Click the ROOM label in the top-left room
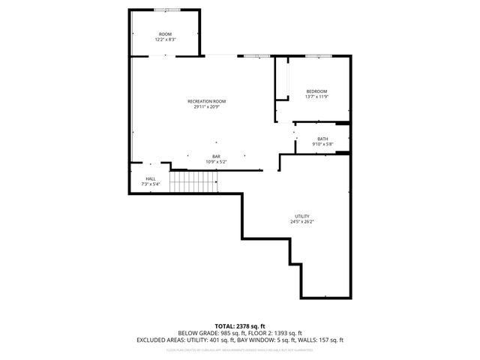tap(165, 34)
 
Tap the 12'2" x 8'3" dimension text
tap(165, 40)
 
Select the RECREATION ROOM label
tap(206, 101)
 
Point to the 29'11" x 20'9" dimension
tap(206, 106)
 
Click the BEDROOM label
tap(316, 91)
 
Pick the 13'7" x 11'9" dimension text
tap(316, 97)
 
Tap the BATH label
tap(322, 139)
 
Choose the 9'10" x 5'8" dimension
tap(322, 144)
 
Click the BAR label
tap(216, 156)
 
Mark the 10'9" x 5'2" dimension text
tap(216, 161)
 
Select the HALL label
tap(151, 178)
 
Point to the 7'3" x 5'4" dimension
tap(151, 184)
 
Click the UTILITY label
tap(302, 216)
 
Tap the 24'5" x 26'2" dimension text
tap(302, 221)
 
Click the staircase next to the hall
tap(193, 181)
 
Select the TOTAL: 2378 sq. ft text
tap(240, 325)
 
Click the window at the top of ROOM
tap(166, 10)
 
